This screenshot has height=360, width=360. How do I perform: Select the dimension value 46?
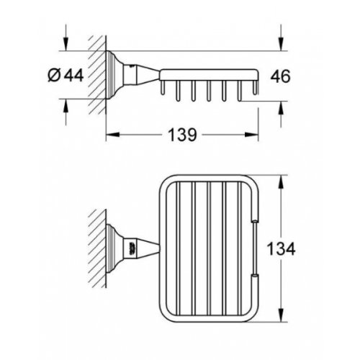click(282, 74)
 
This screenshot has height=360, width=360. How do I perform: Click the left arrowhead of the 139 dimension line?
click(110, 134)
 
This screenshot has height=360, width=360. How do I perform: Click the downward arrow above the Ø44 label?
click(66, 45)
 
